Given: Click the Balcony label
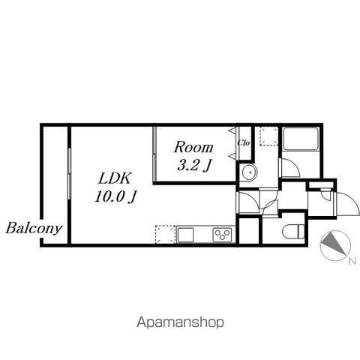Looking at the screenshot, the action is tap(34, 228).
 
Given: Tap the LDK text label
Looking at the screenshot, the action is tap(115, 178).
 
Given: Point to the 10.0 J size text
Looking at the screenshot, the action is tap(115, 196).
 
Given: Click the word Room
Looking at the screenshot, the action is tap(193, 147).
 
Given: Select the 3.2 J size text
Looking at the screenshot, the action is tap(193, 165).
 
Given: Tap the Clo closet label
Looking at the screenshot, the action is tap(244, 143).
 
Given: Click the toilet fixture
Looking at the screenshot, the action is tap(293, 232).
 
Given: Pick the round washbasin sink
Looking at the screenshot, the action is tap(249, 172).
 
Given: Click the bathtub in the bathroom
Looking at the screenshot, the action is tap(301, 139).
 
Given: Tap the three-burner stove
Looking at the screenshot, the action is tap(222, 235).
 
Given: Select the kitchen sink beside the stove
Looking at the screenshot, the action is tap(186, 235).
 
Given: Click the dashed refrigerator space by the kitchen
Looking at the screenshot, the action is tap(165, 234).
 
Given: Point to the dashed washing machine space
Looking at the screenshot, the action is tap(269, 136).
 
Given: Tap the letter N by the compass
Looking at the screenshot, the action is tap(352, 261).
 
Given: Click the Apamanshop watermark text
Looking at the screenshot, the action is tap(180, 322).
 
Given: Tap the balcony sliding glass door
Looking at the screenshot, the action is tap(69, 174).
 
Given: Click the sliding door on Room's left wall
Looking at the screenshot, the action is tap(154, 154).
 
